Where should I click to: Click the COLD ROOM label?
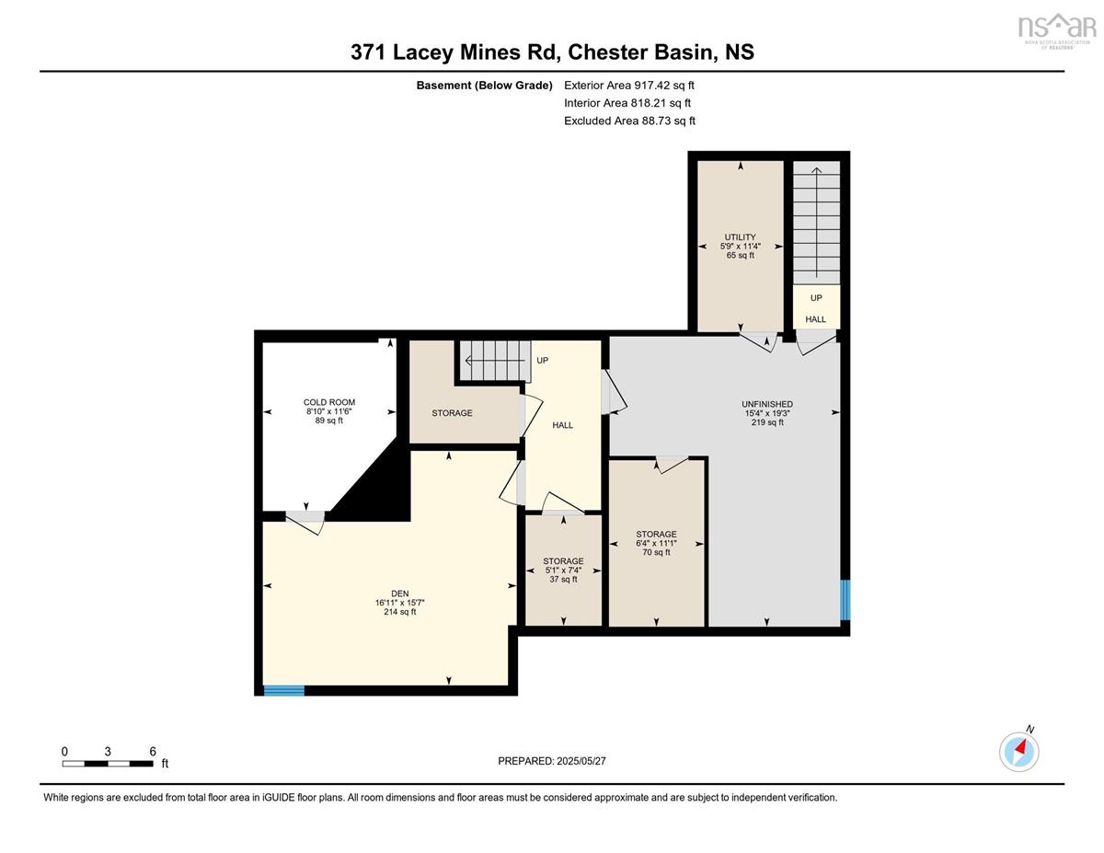[329, 402]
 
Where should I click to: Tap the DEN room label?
[400, 594]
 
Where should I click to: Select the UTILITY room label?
[740, 237]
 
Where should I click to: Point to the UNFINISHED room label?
[767, 404]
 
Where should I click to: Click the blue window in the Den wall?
[284, 690]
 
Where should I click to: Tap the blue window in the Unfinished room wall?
[845, 601]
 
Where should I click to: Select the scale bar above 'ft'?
[108, 764]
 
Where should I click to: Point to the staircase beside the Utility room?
[816, 223]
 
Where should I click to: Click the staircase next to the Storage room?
[495, 362]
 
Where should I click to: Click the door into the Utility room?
[758, 341]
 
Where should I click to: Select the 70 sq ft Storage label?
[656, 543]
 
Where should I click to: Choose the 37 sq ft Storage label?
[563, 570]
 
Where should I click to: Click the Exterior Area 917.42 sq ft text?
[629, 86]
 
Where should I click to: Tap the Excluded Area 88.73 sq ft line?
[629, 121]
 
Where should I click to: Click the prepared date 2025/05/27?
[581, 761]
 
